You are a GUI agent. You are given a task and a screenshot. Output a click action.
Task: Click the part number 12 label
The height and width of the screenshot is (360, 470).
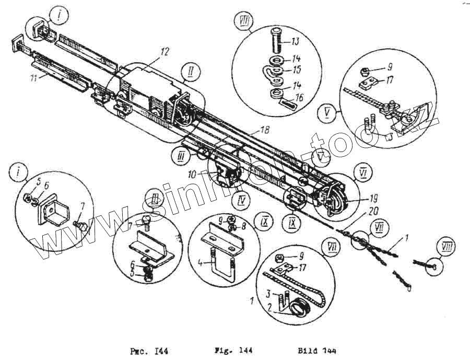[x=165, y=52]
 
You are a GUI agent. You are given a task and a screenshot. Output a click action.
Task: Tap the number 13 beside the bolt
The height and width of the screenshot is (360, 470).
[x=295, y=41]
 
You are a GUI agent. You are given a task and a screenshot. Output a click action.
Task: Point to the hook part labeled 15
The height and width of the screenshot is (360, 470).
[x=273, y=71]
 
